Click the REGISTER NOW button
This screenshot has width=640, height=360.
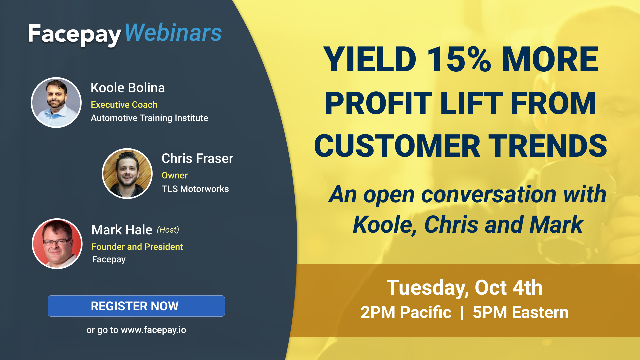click(x=136, y=306)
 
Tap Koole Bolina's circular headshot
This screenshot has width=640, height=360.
click(x=56, y=103)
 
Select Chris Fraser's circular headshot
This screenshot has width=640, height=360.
click(x=127, y=173)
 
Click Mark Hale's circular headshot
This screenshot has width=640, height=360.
click(x=57, y=244)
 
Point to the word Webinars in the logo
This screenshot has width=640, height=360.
click(x=173, y=33)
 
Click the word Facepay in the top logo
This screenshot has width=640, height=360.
click(x=74, y=35)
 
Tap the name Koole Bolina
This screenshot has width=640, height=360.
click(x=128, y=88)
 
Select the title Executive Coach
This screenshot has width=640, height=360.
click(x=124, y=105)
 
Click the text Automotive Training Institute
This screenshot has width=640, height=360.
click(x=149, y=118)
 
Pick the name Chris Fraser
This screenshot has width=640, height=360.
click(x=197, y=158)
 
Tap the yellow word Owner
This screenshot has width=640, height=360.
click(x=175, y=175)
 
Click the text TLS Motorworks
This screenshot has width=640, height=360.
click(x=195, y=189)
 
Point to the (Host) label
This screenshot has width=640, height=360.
click(x=168, y=230)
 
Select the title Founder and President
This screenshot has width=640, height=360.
click(x=137, y=247)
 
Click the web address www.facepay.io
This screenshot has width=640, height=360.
click(x=154, y=330)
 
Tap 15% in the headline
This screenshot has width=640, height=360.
click(x=459, y=59)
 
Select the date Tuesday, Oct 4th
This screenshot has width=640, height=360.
click(x=465, y=288)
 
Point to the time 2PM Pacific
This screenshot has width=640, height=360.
click(x=406, y=312)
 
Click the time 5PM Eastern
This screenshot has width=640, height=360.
click(x=521, y=312)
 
